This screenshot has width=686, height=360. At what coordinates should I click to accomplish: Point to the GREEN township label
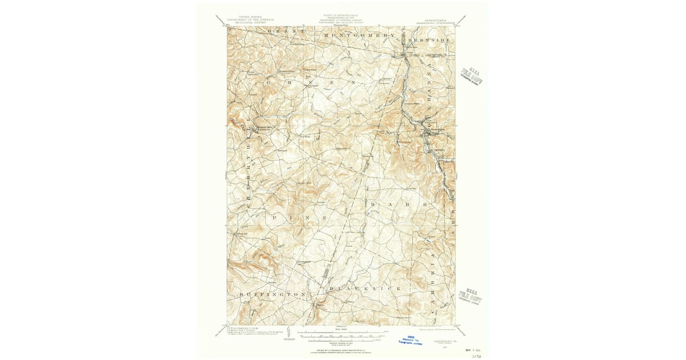(x=312, y=82)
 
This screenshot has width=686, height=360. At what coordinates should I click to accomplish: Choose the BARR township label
(x=398, y=204)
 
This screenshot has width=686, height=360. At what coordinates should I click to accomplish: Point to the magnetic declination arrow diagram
(x=290, y=333)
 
